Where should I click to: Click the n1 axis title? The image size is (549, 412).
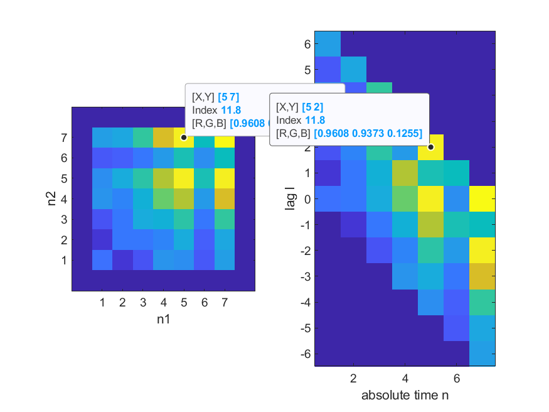pos(163,319)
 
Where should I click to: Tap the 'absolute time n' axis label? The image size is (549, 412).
pos(405,396)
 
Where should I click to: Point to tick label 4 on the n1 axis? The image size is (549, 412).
pos(163,303)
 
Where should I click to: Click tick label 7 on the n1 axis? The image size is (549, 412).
pos(224,303)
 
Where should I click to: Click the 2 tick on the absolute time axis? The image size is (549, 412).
pos(353,379)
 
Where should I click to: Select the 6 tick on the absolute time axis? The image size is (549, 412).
pos(456,379)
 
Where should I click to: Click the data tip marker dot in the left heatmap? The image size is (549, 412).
pos(183,137)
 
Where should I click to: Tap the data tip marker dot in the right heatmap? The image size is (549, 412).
pos(430,147)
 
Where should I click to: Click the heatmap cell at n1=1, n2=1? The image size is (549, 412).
pos(102,259)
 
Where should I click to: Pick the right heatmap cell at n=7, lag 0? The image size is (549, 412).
pos(482,198)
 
